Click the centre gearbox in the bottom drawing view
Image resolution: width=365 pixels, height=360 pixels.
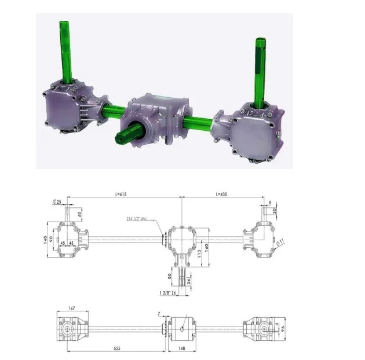tap(183, 328)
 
